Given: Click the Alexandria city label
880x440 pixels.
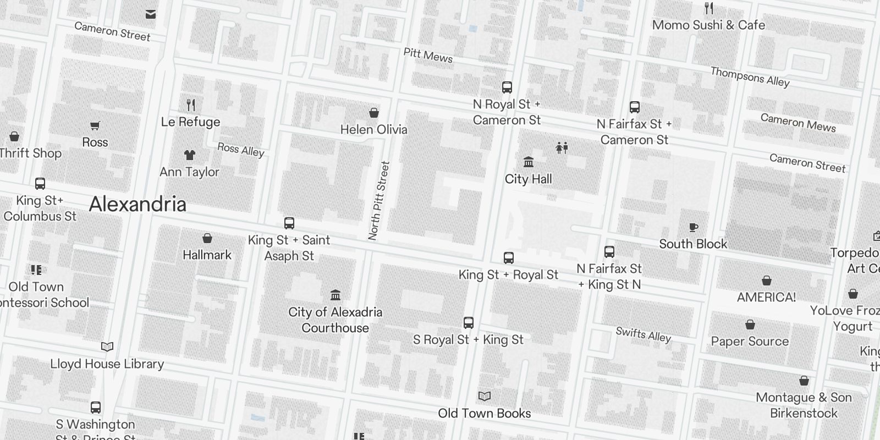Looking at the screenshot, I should click(137, 205).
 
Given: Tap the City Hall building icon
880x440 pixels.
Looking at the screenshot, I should click(529, 162).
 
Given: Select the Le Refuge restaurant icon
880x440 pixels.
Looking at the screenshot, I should click(191, 105).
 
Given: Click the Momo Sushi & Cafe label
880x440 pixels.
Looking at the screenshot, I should click(708, 25).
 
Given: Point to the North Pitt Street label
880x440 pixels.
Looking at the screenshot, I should click(379, 200).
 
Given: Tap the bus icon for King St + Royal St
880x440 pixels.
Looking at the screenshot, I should click(509, 258).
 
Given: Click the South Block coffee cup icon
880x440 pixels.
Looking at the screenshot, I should click(694, 227).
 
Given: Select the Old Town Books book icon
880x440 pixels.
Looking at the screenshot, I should click(485, 397).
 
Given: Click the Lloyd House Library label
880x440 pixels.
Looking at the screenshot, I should click(107, 364).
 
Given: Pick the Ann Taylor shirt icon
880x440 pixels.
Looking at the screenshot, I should click(190, 155).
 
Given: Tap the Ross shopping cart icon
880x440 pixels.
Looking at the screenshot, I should click(95, 126).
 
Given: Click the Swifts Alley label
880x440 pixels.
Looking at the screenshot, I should click(643, 334).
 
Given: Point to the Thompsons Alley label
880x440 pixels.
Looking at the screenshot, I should click(750, 77).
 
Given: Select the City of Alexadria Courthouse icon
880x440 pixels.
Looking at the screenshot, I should click(335, 295).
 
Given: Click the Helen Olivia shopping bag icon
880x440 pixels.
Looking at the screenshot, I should click(374, 113).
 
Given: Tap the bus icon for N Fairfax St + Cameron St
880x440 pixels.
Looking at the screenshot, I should click(635, 107).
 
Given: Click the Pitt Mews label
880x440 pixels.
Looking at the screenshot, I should click(428, 56).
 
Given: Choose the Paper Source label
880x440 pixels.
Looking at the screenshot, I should click(750, 342).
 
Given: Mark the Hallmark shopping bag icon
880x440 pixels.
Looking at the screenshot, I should click(207, 238).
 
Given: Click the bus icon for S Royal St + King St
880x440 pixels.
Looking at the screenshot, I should click(469, 323).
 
